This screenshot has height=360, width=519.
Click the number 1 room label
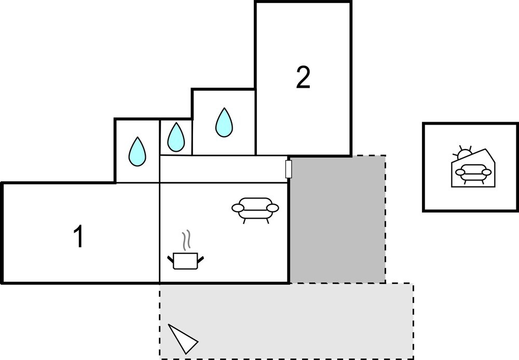(x=78, y=237)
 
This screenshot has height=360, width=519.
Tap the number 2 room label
(x=303, y=77)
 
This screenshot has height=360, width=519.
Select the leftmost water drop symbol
(x=138, y=151)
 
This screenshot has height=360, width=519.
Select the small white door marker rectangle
(x=289, y=169)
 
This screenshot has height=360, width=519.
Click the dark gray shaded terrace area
(x=337, y=219)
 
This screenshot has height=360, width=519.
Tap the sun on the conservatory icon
(x=462, y=154)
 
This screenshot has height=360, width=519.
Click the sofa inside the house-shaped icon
(x=472, y=172)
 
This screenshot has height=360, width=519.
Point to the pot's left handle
(x=171, y=258)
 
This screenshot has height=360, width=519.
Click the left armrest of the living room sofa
(x=238, y=208)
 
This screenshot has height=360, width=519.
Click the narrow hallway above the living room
(x=223, y=169)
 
